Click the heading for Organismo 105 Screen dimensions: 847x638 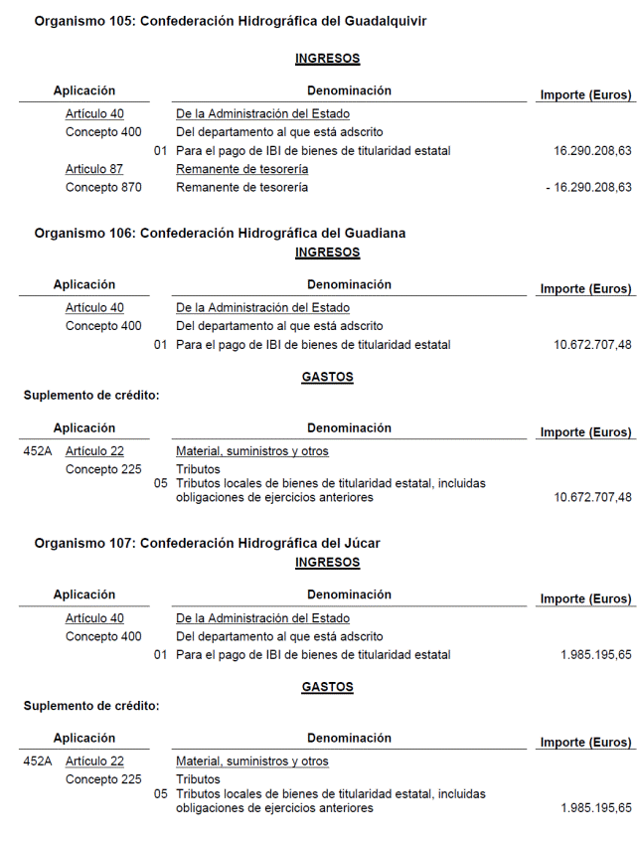(230, 21)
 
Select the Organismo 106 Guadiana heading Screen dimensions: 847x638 (220, 233)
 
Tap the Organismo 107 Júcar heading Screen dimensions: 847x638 (207, 543)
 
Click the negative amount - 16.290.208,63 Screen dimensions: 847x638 (588, 187)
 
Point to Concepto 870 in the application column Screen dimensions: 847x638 (103, 187)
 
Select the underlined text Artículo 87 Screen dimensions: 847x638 (94, 169)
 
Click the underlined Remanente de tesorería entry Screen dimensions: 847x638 (241, 169)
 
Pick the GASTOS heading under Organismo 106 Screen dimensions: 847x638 (327, 377)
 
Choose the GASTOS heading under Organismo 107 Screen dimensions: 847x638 (327, 687)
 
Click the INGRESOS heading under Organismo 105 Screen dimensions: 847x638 (327, 59)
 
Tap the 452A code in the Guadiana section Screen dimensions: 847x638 (38, 451)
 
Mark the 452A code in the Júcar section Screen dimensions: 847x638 (38, 762)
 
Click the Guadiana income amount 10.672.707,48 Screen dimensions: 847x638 (592, 345)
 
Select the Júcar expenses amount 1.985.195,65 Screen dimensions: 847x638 (595, 808)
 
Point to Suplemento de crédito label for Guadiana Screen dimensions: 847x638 (91, 395)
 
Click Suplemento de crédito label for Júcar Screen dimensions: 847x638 (91, 705)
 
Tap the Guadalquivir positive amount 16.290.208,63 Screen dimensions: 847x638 (592, 151)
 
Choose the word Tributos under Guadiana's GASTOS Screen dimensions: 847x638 (198, 469)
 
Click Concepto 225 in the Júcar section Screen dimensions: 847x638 (103, 779)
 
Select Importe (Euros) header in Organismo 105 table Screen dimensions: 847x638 (585, 94)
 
